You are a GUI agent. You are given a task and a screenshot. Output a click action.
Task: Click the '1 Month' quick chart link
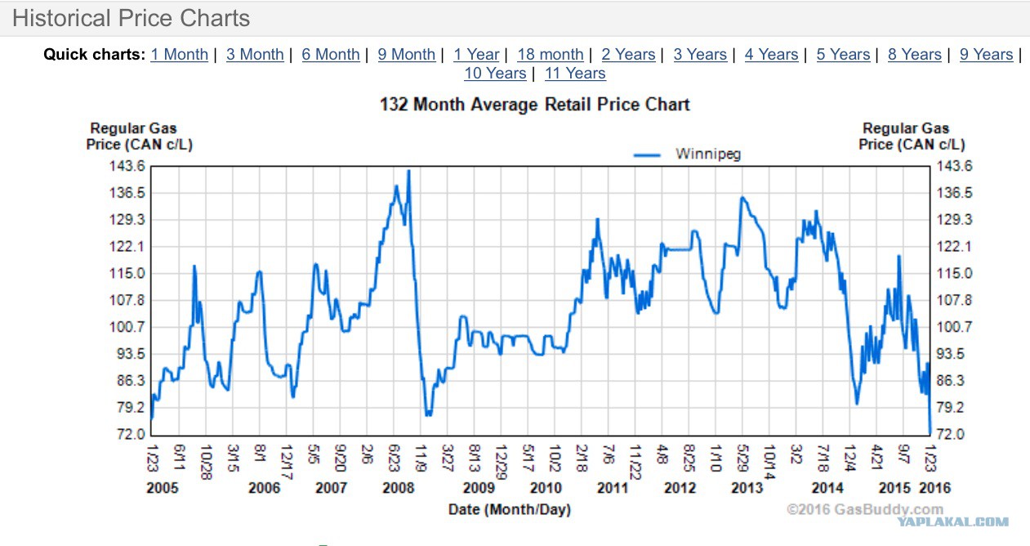[179, 55]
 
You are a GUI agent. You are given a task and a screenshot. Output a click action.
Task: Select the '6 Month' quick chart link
[330, 55]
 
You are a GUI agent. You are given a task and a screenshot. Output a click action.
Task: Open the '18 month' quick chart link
[550, 55]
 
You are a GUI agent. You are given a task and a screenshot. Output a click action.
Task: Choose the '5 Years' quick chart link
[843, 55]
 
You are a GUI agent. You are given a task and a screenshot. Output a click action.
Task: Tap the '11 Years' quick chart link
[575, 74]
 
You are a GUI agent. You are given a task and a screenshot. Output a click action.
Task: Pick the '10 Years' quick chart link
[495, 74]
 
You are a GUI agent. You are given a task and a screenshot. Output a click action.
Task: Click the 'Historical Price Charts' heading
[132, 18]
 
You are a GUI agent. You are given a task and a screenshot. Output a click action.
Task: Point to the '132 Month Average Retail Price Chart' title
[535, 105]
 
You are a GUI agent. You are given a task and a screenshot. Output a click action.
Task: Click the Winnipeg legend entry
[707, 154]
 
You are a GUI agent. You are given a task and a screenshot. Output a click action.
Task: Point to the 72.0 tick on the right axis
[949, 434]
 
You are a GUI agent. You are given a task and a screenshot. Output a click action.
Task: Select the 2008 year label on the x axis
[399, 488]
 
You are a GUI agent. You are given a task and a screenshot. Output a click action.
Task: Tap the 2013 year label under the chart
[747, 488]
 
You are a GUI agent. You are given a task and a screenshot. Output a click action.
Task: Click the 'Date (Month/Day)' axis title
[509, 509]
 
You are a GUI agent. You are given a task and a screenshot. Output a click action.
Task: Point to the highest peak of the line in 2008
[408, 171]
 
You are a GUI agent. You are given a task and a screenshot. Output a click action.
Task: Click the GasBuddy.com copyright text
[864, 508]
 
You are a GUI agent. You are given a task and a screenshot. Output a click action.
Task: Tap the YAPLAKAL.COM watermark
[952, 521]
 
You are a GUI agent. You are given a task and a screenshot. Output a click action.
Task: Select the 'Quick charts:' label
[94, 55]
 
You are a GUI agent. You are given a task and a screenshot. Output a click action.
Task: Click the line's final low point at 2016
[930, 431]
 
